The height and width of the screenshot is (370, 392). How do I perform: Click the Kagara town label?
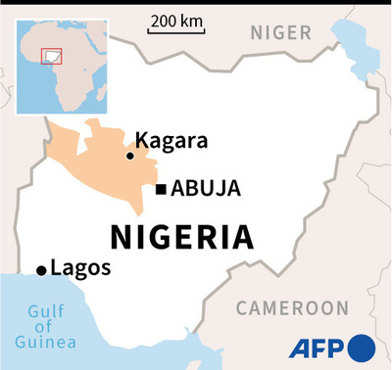(x=171, y=141)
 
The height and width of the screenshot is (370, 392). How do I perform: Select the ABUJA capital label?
(x=206, y=189)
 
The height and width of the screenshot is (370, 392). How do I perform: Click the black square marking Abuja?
(x=161, y=189)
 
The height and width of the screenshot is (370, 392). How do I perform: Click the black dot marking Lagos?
(x=41, y=270)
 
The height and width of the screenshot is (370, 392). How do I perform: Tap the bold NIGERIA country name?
(x=180, y=237)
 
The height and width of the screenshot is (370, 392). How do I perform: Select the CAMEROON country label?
(x=292, y=308)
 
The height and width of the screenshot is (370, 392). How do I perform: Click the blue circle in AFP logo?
(x=361, y=347)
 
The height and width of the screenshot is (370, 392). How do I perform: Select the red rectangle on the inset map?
(x=50, y=56)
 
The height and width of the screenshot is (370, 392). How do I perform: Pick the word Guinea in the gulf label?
(x=45, y=342)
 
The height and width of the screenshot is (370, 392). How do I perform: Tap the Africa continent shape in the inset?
(x=64, y=73)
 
